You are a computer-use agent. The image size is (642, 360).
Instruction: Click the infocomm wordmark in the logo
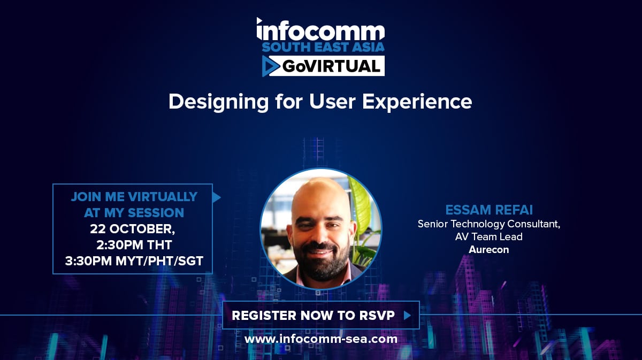tap(320, 29)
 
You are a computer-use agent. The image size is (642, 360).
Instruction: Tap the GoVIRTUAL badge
tap(323, 66)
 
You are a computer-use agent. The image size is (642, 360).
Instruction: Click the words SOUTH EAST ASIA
tap(323, 47)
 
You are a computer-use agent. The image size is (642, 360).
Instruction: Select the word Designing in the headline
tap(219, 103)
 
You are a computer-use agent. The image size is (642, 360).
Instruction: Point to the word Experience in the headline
tap(417, 102)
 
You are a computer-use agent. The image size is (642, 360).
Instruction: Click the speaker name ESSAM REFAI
tap(489, 210)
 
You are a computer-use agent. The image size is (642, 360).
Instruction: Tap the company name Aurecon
tap(489, 250)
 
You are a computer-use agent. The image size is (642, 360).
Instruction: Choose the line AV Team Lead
tap(489, 237)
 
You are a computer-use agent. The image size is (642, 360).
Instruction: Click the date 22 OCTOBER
tap(133, 229)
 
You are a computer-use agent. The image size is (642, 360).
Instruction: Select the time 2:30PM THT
tap(134, 245)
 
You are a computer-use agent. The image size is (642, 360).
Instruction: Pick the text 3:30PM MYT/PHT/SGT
tap(134, 261)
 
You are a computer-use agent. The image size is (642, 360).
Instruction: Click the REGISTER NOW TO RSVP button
tap(321, 315)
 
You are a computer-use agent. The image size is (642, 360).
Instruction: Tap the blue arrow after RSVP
tap(407, 315)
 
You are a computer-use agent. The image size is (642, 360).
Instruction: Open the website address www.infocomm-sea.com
tap(321, 339)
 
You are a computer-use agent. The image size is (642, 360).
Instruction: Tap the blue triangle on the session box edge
tap(216, 197)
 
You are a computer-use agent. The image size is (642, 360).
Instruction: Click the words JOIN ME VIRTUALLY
tap(134, 197)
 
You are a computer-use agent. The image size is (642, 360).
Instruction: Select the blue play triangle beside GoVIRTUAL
tap(270, 66)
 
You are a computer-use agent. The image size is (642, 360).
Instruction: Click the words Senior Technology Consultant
tap(488, 224)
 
